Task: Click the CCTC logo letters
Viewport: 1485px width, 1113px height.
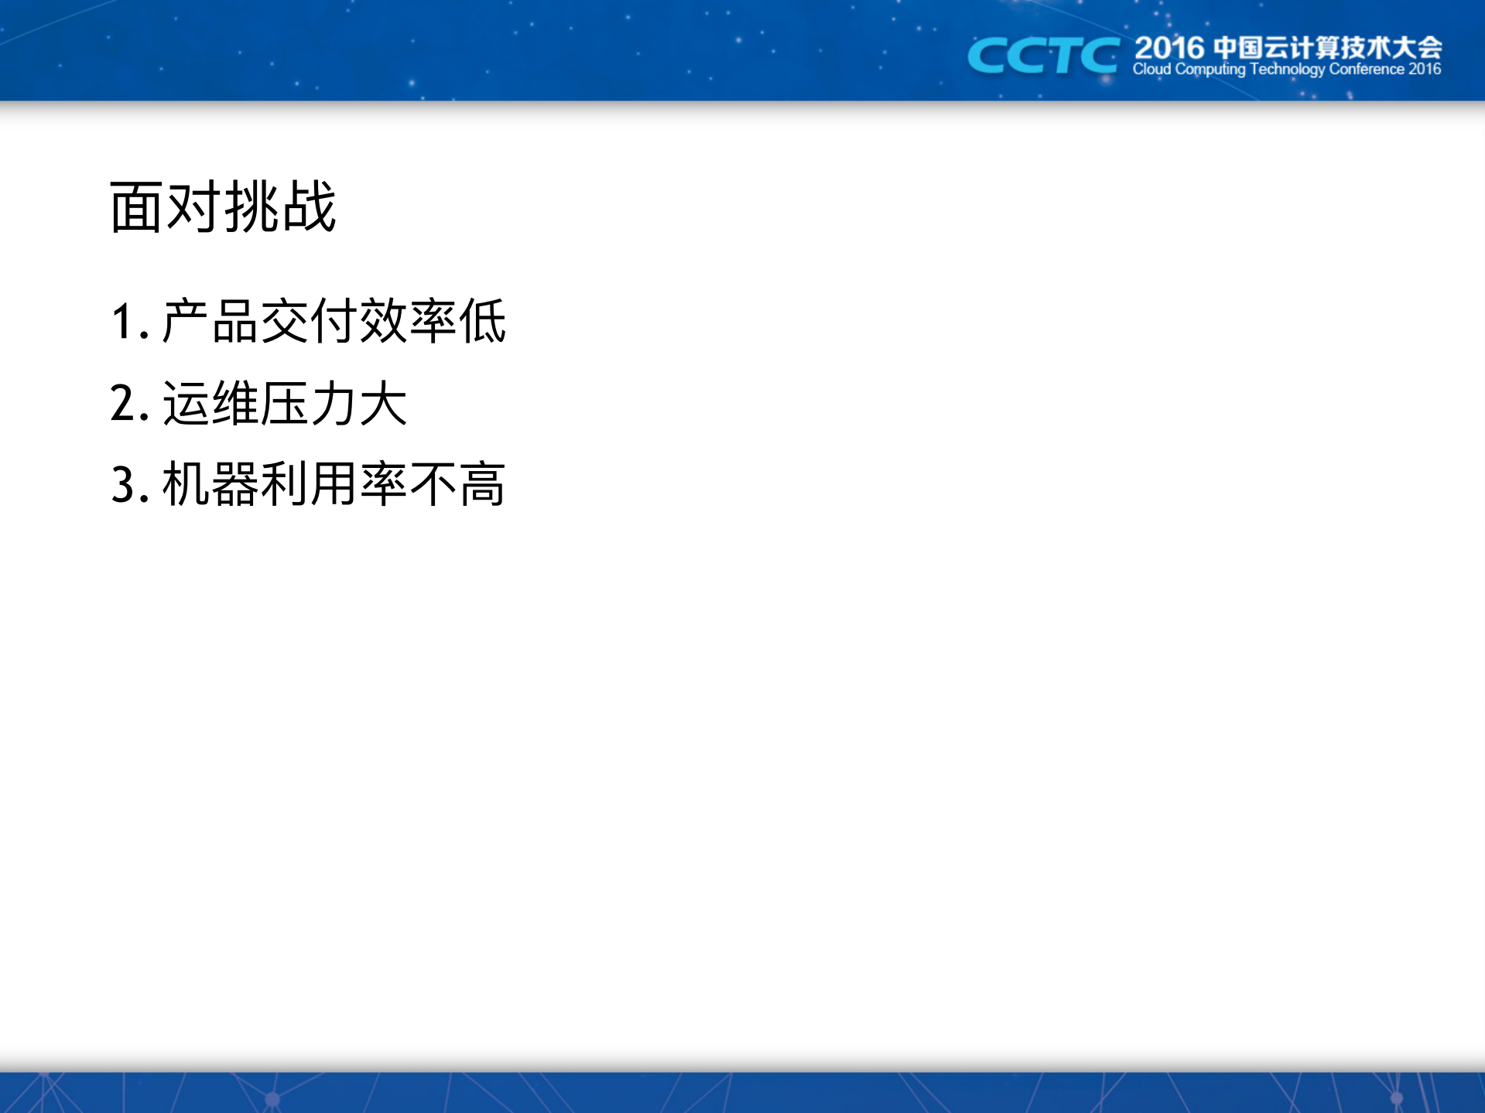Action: (1042, 56)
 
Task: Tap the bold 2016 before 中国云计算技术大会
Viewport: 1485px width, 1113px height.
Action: (1168, 48)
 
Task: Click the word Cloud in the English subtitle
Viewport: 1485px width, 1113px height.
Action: (1151, 70)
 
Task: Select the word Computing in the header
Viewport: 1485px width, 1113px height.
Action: (1210, 70)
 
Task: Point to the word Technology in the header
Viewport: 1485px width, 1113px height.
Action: (1287, 70)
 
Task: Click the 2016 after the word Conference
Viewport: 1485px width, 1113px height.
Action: (1425, 70)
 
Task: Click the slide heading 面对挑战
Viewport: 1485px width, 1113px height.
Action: (223, 207)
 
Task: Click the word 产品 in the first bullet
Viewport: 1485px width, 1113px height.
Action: (210, 321)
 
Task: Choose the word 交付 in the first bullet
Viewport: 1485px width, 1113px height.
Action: (309, 321)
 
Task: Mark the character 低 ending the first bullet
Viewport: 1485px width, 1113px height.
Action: (482, 321)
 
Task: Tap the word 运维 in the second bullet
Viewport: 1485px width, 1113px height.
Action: (210, 403)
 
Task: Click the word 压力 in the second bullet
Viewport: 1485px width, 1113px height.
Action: (309, 403)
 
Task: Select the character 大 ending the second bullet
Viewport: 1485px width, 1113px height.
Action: (383, 403)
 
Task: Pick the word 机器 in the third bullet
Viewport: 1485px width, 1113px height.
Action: (210, 485)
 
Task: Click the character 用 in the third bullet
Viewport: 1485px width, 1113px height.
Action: (334, 485)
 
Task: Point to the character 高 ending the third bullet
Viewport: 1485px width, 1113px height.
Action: (482, 485)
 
